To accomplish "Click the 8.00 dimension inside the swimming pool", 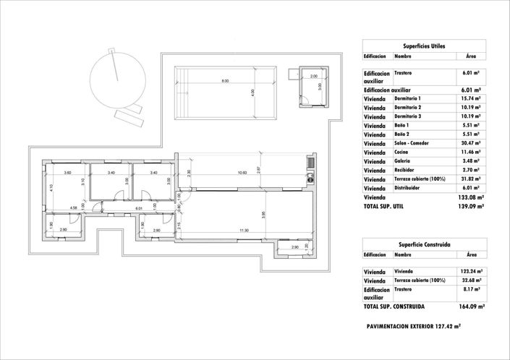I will pyautogui.click(x=225, y=81).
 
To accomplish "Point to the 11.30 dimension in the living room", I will pyautogui.click(x=245, y=231).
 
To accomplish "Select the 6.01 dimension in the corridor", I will pyautogui.click(x=137, y=208).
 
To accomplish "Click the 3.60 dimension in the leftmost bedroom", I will pyautogui.click(x=67, y=173).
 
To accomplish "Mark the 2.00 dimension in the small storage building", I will pyautogui.click(x=313, y=76).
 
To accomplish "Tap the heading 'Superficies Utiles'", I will pyautogui.click(x=424, y=46).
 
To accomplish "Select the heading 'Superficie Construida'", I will pyautogui.click(x=424, y=245).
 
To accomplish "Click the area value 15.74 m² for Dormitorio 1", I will pyautogui.click(x=471, y=98).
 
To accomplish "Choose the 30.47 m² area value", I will pyautogui.click(x=471, y=143).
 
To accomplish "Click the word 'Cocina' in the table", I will pyautogui.click(x=403, y=153).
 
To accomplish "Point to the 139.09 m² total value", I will pyautogui.click(x=471, y=207).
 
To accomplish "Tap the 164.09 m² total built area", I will pyautogui.click(x=471, y=307).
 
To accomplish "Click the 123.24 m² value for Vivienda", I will pyautogui.click(x=471, y=270).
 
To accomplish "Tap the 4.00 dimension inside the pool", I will pyautogui.click(x=252, y=93).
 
